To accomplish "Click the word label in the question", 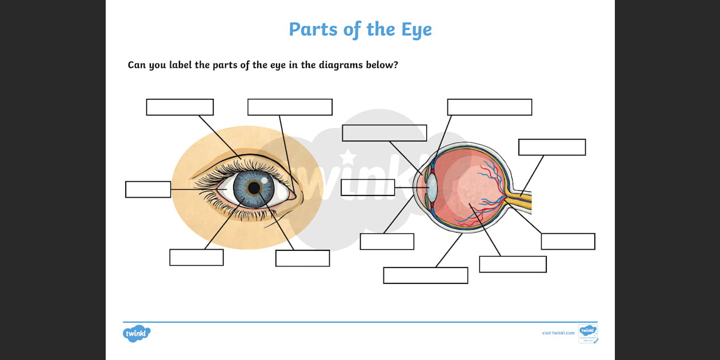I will pyautogui.click(x=181, y=65).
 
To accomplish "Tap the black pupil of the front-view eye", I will pyautogui.click(x=254, y=188).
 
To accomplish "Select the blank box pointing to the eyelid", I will pyautogui.click(x=179, y=107).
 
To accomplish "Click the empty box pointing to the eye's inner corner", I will pyautogui.click(x=290, y=107).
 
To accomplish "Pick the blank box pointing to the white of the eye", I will pyautogui.click(x=148, y=189).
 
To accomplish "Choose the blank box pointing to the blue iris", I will pyautogui.click(x=196, y=257).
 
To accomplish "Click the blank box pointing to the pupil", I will pyautogui.click(x=302, y=258).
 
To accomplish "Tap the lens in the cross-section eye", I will pyautogui.click(x=433, y=187).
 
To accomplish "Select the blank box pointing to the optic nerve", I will pyautogui.click(x=551, y=147).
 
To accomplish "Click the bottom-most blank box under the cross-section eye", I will pyautogui.click(x=425, y=275).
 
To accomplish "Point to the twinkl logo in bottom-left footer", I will pyautogui.click(x=137, y=334).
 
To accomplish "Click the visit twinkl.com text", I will pyautogui.click(x=558, y=333).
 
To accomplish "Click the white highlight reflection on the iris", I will pyautogui.click(x=265, y=179).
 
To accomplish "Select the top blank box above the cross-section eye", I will pyautogui.click(x=489, y=107).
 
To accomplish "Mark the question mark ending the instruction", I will pyautogui.click(x=395, y=65).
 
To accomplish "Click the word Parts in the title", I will pyautogui.click(x=314, y=29).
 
